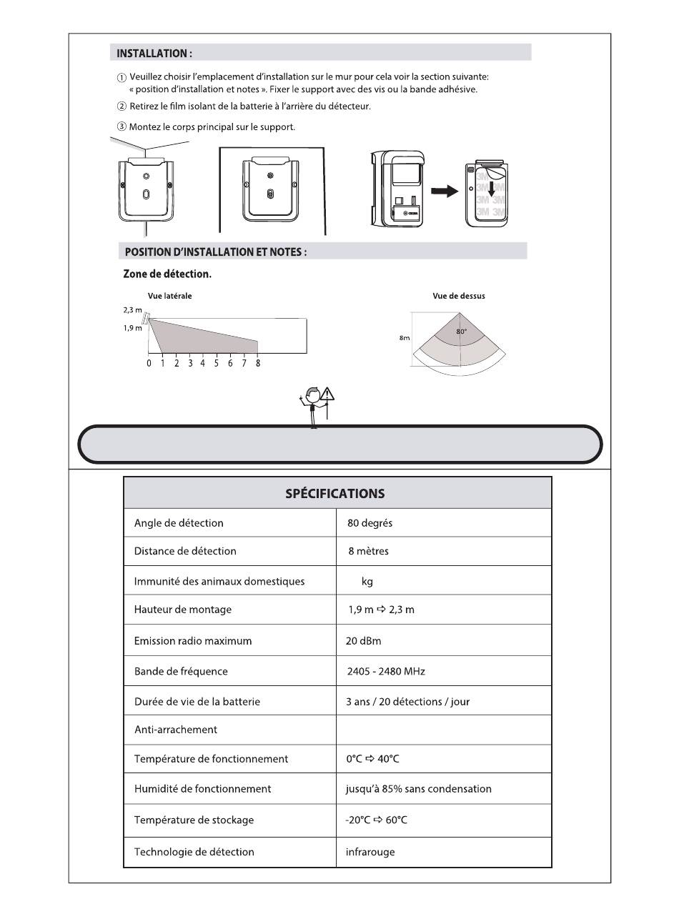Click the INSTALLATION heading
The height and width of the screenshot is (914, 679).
[154, 53]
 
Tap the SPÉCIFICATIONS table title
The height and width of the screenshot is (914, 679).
[335, 493]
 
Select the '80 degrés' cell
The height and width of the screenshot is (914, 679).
[370, 523]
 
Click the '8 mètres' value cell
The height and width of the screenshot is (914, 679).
[369, 551]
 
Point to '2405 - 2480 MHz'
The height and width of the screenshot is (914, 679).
[386, 672]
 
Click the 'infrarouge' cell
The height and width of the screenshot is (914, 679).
[370, 852]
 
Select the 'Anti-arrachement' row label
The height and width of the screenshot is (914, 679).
[176, 730]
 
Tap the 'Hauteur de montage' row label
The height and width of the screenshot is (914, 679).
[183, 610]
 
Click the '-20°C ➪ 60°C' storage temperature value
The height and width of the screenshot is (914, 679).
[376, 820]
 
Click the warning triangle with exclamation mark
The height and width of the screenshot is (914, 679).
[327, 394]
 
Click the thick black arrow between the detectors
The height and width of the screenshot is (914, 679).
[444, 192]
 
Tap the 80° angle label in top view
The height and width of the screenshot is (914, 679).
[462, 332]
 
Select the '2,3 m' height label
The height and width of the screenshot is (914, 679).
[132, 310]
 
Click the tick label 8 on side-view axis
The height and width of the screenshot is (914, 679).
[258, 364]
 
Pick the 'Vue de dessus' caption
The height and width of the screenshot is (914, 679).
[459, 296]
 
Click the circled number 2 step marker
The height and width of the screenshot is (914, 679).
[122, 106]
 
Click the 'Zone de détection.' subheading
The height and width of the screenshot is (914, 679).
[167, 274]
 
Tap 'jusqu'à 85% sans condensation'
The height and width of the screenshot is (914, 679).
[418, 789]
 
